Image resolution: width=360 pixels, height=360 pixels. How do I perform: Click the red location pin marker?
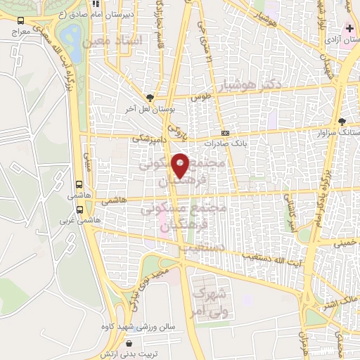coord(181,165)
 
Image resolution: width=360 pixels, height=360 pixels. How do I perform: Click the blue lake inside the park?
coord(71,34)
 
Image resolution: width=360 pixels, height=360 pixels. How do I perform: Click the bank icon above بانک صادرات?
coord(225,133)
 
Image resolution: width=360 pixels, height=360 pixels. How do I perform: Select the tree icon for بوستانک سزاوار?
coord(342,121)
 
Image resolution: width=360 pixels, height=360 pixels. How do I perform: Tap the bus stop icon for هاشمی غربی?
coord(81,210)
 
